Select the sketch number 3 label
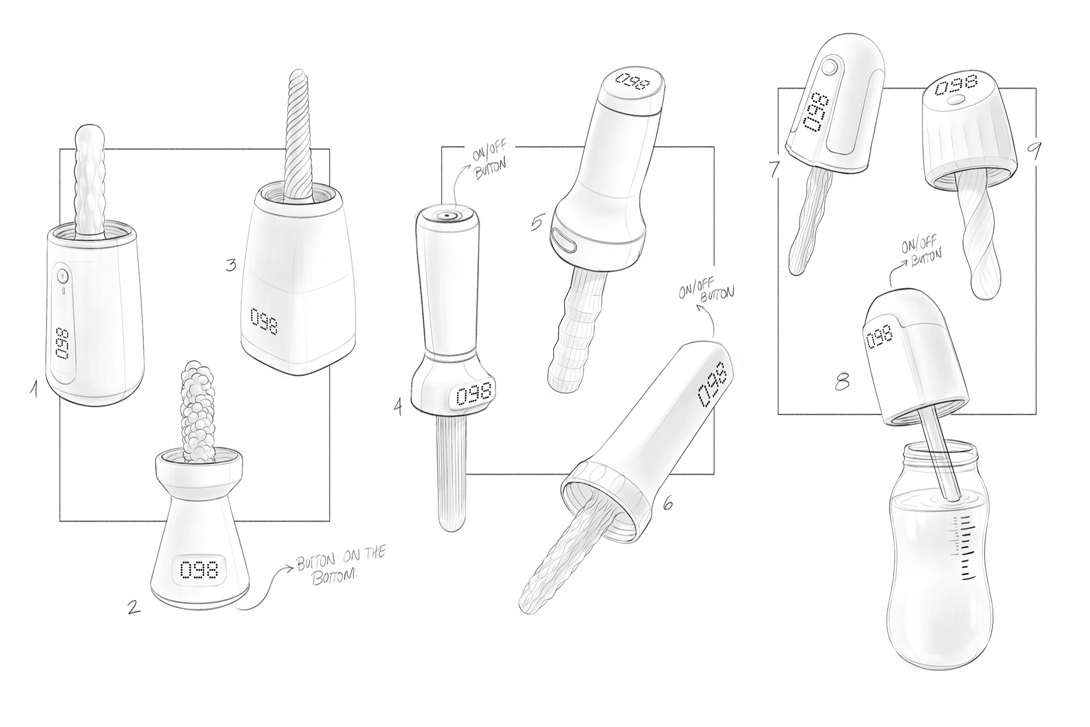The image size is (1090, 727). tap(230, 265)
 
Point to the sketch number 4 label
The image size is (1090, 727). tap(399, 407)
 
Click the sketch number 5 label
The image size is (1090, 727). tap(536, 222)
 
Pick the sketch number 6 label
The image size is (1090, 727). tap(668, 503)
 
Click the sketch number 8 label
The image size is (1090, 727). tap(843, 382)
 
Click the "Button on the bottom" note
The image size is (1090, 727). tap(339, 561)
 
